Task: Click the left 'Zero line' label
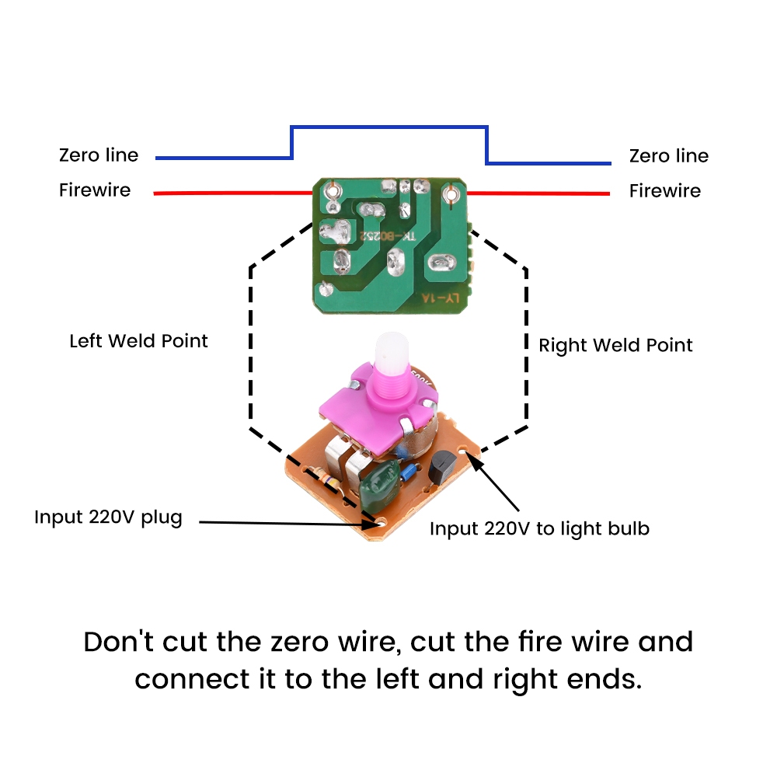[99, 155]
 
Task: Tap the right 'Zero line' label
[669, 156]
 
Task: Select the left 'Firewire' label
[95, 190]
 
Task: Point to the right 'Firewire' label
[665, 191]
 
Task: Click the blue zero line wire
[388, 127]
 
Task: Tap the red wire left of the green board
[233, 193]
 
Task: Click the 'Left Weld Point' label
[139, 341]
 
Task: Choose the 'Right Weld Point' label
[615, 345]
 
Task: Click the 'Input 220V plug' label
[108, 517]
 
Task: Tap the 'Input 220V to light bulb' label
[539, 529]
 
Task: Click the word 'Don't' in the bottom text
[119, 643]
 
